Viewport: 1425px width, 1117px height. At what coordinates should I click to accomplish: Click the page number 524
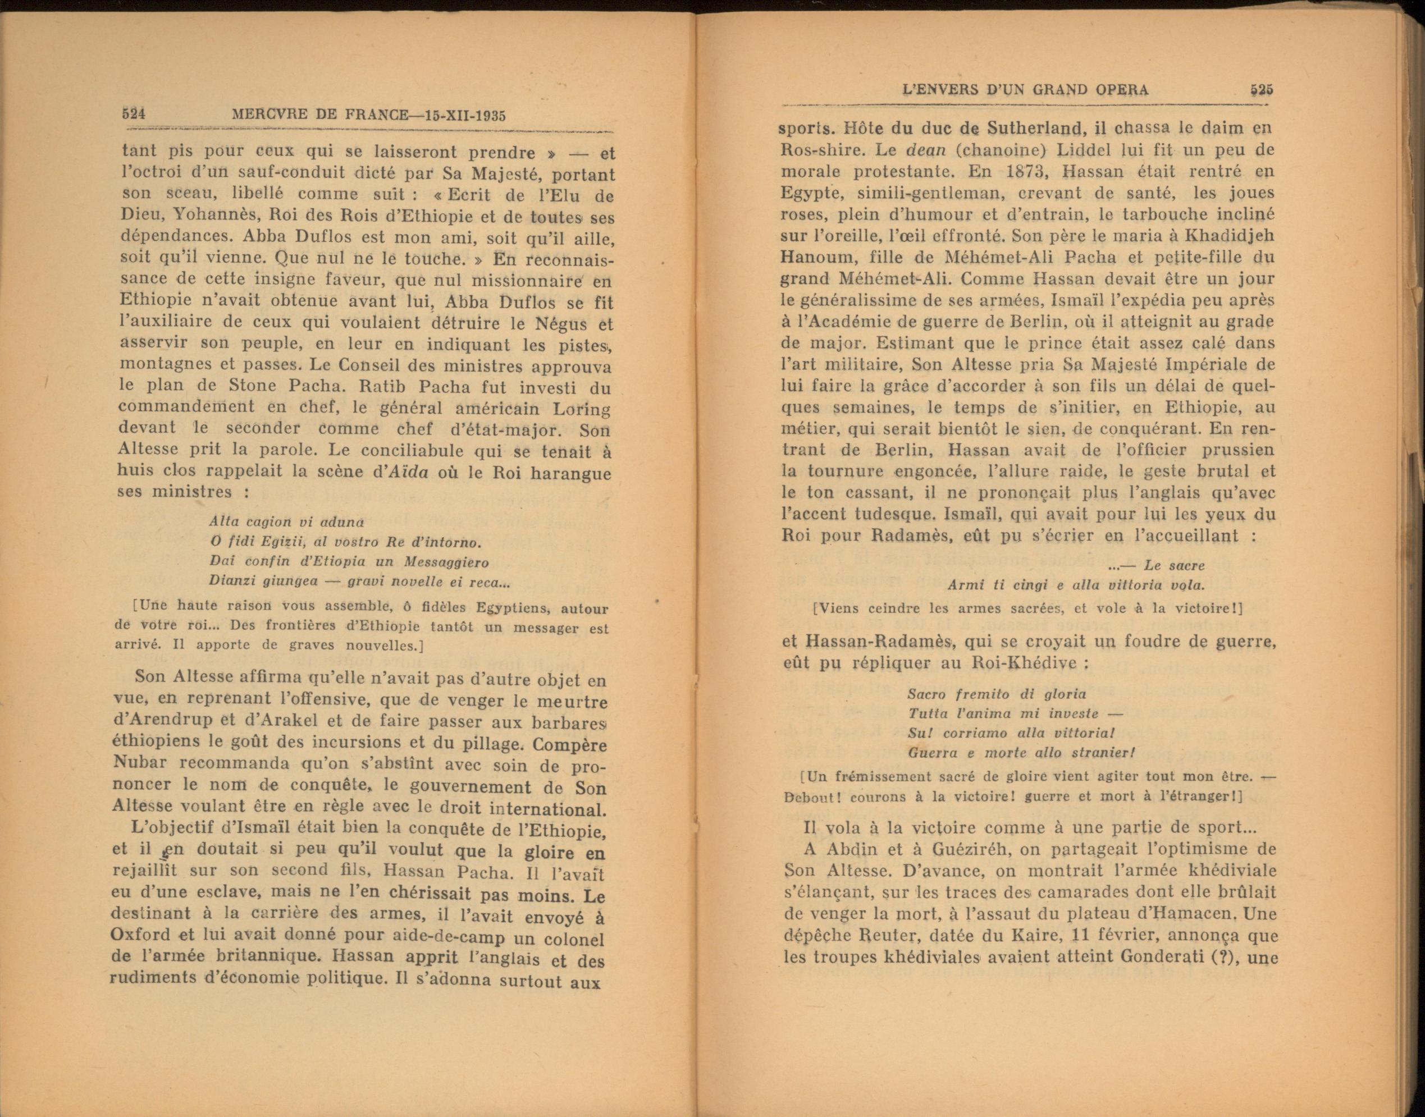tap(134, 113)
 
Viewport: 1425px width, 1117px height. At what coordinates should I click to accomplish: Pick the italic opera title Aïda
tap(408, 472)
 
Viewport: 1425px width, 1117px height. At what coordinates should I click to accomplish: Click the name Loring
tap(582, 409)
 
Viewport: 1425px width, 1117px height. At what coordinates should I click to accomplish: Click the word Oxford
tap(140, 936)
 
